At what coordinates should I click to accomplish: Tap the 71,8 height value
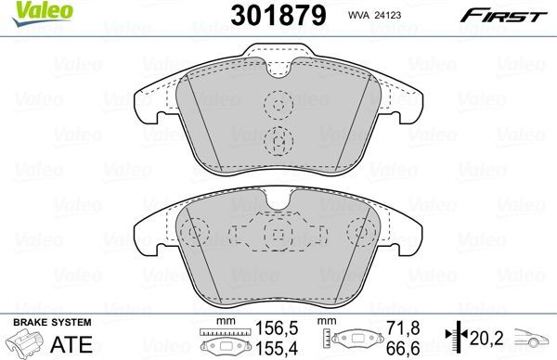point(396,328)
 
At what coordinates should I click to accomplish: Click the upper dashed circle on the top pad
point(277,106)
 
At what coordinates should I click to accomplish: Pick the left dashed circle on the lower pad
point(194,232)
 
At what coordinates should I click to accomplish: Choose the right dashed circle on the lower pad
point(359,232)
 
